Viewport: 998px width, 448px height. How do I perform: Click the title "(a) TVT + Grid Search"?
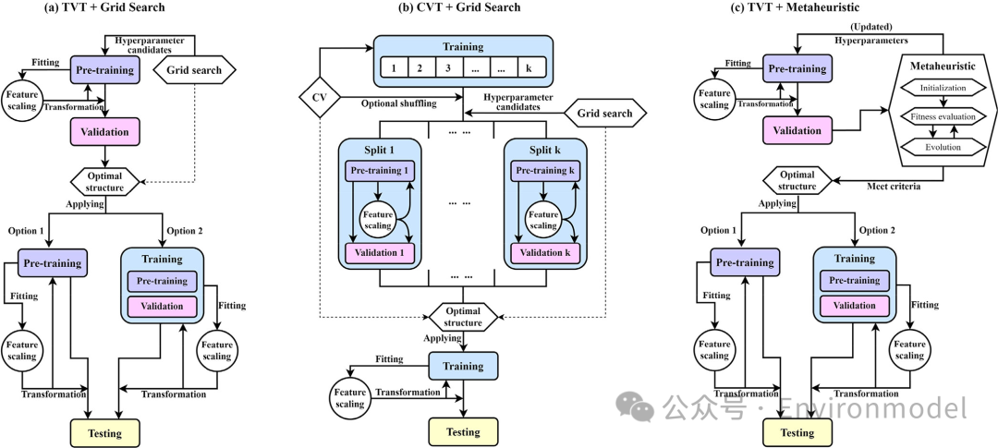[x=104, y=8]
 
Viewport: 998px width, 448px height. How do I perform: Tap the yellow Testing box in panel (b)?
[x=463, y=431]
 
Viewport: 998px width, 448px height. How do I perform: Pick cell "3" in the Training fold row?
[x=449, y=68]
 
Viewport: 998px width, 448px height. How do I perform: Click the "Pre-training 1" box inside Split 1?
[x=380, y=172]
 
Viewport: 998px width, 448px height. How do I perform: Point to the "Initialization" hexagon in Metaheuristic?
[x=943, y=89]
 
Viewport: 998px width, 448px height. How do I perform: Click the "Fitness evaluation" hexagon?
[x=943, y=118]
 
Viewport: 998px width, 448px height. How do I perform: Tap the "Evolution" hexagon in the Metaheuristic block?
[x=943, y=147]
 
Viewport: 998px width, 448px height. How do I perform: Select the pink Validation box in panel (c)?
[x=797, y=130]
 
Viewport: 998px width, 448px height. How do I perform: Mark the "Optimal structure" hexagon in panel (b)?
[x=462, y=317]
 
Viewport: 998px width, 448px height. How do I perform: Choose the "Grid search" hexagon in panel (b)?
[x=604, y=114]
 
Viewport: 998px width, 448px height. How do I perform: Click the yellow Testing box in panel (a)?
[x=104, y=432]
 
